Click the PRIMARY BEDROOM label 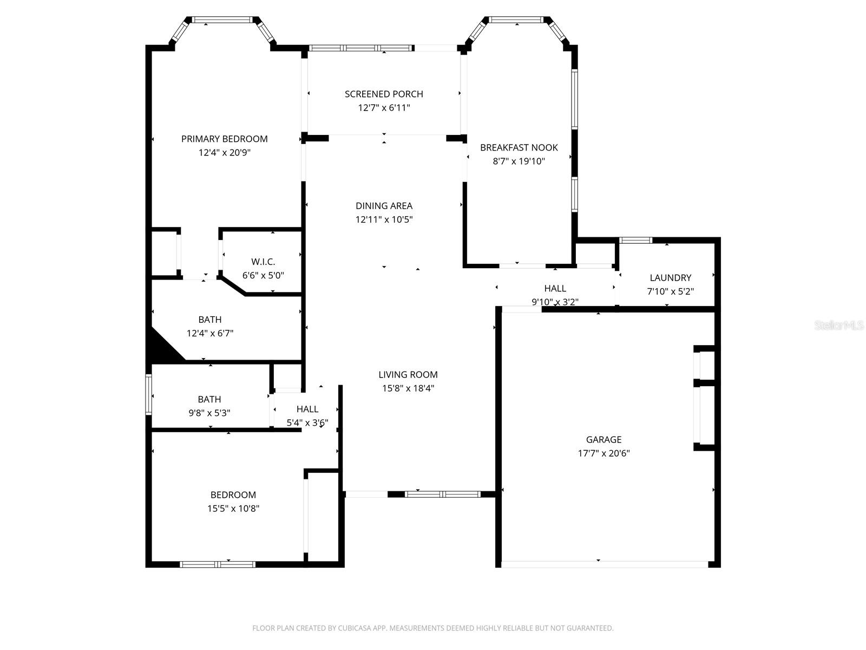point(224,139)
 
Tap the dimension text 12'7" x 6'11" point(384,108)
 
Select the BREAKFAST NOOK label point(519,147)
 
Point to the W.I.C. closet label point(263,262)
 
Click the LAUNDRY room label point(670,277)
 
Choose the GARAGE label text point(603,439)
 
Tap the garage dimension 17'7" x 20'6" point(603,453)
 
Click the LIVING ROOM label point(408,374)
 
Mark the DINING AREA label point(384,206)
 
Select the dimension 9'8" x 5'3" point(209,413)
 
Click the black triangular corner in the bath point(161,348)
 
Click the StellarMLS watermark point(838,326)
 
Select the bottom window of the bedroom point(217,564)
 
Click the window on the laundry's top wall point(635,240)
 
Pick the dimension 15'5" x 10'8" point(233,509)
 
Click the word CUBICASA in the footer point(353,628)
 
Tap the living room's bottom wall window point(442,494)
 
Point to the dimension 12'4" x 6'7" point(209,334)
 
